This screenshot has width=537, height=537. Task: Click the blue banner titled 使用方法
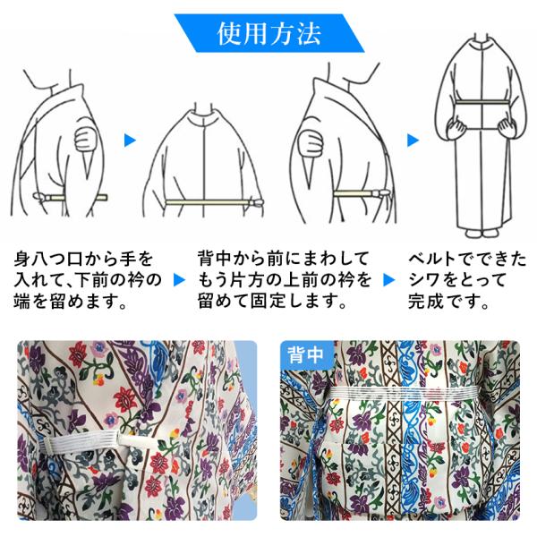click(268, 33)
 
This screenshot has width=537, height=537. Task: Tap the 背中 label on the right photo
click(305, 354)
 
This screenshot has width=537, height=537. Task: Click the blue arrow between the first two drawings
click(130, 141)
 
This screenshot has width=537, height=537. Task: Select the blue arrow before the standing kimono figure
click(413, 141)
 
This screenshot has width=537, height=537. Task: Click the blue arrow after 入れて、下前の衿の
click(180, 280)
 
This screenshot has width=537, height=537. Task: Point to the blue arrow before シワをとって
click(389, 280)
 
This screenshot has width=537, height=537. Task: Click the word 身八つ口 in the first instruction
click(48, 259)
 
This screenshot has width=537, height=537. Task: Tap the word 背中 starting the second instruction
click(215, 259)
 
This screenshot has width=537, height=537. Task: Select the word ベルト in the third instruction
click(434, 259)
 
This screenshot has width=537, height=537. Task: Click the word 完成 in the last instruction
click(425, 302)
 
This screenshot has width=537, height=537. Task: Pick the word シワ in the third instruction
click(424, 280)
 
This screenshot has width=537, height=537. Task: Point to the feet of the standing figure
click(482, 234)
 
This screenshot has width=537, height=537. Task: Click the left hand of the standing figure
click(456, 129)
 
